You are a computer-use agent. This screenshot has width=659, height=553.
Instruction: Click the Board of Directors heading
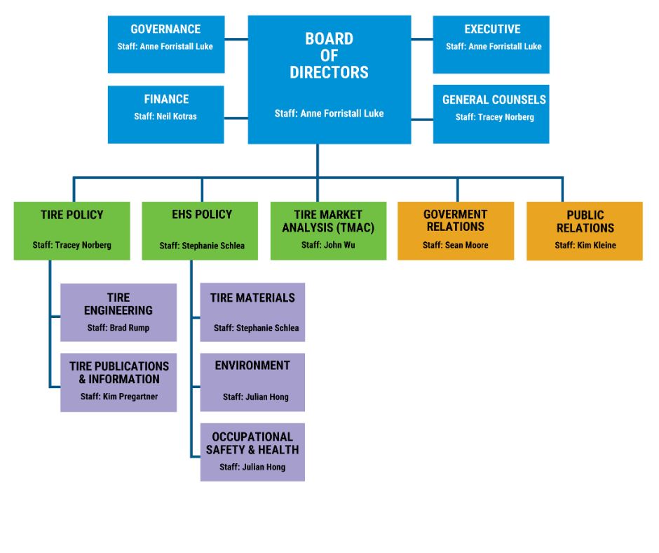point(329,55)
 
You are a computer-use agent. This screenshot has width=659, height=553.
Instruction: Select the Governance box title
point(165,29)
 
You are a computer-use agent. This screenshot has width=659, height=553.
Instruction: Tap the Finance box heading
point(166,100)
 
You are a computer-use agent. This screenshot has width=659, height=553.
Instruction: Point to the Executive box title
point(492,29)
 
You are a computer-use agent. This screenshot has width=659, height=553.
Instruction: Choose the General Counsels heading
point(494,100)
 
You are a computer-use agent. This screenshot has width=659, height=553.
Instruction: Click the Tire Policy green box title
point(72,215)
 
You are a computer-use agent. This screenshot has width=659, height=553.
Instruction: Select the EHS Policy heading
point(202,215)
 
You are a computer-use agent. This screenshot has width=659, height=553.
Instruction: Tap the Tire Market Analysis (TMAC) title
point(328,221)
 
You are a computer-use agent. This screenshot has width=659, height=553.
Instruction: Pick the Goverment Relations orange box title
point(456,220)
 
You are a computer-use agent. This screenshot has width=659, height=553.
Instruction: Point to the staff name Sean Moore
point(466,245)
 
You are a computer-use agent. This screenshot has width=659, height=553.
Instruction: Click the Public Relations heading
point(585,222)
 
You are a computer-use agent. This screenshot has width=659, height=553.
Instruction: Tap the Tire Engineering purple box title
point(118,304)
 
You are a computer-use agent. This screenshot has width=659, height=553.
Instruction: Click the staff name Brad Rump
point(129,328)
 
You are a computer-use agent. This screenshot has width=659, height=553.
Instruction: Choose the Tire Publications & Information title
point(119,373)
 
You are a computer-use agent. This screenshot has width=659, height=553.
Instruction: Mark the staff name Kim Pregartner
point(130,397)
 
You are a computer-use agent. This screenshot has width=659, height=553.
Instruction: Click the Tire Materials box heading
point(252,298)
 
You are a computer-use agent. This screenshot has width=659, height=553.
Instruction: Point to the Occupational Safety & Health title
point(252,443)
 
